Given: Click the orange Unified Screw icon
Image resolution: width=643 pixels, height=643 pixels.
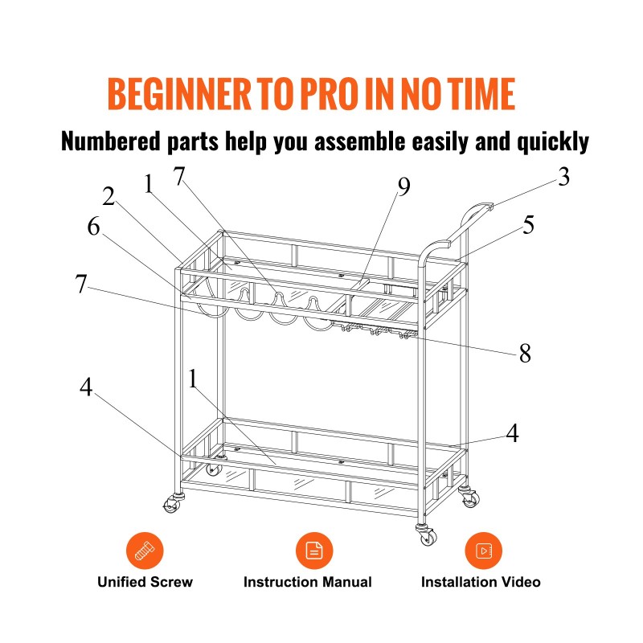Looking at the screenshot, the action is [145, 551].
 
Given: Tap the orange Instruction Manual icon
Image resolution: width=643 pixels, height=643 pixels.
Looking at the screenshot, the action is [314, 551].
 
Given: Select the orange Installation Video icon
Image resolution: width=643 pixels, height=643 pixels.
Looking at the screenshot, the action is [484, 551].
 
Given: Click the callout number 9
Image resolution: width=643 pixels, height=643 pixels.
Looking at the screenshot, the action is [404, 187].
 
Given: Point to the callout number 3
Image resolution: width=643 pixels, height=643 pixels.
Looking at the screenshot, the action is [564, 177].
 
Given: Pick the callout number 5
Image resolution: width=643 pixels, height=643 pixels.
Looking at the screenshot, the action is [529, 225].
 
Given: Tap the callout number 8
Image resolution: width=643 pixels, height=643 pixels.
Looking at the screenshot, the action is [525, 353].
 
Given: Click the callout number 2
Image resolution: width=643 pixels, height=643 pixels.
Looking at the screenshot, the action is [109, 196].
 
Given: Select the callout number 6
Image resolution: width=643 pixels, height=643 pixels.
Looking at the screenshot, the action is [93, 226].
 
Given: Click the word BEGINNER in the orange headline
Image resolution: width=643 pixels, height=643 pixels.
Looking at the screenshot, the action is [179, 93].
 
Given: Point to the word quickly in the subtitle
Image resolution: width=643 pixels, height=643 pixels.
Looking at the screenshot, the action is [553, 142].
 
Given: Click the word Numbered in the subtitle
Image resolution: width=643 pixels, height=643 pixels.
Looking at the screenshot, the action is [111, 141].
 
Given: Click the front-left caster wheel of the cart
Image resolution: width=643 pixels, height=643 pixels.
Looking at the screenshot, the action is [172, 505].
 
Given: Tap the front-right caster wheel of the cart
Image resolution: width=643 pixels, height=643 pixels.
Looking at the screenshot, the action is [428, 535].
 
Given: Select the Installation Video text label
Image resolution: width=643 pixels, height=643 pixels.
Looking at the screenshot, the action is [481, 582].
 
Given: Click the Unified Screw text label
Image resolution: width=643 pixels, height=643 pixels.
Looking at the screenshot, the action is [145, 582].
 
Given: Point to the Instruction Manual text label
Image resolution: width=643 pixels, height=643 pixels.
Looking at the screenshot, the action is [308, 582].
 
